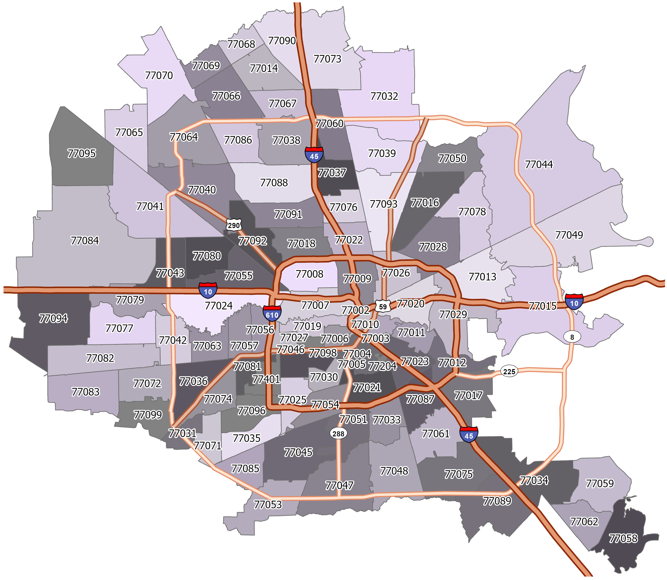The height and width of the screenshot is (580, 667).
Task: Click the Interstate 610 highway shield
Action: point(272,313)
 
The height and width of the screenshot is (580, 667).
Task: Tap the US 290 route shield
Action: point(234,225)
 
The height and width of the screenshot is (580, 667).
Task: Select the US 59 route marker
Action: point(383,306)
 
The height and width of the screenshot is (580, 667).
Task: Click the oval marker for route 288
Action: point(338,433)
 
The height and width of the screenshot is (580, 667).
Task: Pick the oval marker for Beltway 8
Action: point(572,337)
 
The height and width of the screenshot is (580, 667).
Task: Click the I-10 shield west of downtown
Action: point(208,290)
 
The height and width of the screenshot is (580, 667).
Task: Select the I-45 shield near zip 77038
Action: point(314,154)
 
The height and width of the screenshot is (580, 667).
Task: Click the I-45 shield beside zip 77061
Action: point(469,434)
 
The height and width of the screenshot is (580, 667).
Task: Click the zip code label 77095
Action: point(82,153)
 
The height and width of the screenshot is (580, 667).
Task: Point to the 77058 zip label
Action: point(623,539)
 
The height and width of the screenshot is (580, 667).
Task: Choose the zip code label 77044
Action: point(539,165)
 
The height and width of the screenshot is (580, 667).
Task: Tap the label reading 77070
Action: point(159,75)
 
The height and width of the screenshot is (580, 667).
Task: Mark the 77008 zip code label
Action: point(309,274)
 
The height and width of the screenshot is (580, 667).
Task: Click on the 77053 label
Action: point(268,505)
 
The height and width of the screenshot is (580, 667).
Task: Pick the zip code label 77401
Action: point(266,379)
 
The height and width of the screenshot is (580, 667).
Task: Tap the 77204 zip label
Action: point(382,366)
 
